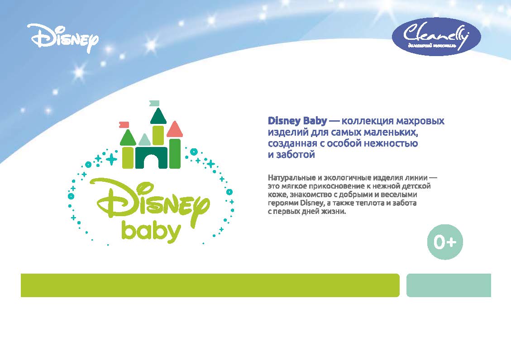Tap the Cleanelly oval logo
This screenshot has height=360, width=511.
(x=436, y=37)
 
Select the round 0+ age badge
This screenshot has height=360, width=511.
(x=445, y=242)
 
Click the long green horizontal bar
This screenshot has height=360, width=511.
(x=210, y=285)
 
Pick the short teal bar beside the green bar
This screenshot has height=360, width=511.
(x=449, y=285)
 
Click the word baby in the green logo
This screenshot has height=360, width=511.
(x=151, y=231)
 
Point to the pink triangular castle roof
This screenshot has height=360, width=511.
(x=175, y=129)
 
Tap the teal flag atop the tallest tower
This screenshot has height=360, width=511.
(x=154, y=103)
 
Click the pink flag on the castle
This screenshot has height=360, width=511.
(x=124, y=124)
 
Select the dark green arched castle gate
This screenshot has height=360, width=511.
(x=151, y=158)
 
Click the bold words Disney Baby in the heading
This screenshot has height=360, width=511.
(x=297, y=121)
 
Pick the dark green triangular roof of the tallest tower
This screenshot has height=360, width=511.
(x=158, y=116)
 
